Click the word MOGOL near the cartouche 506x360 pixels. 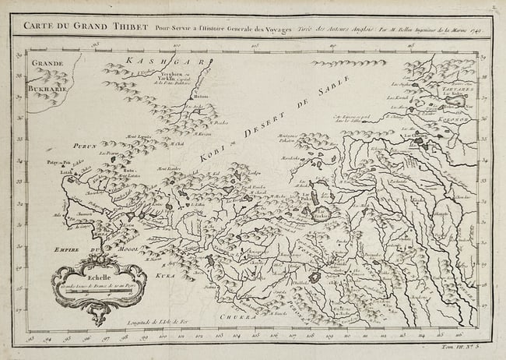pos(113,252)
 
